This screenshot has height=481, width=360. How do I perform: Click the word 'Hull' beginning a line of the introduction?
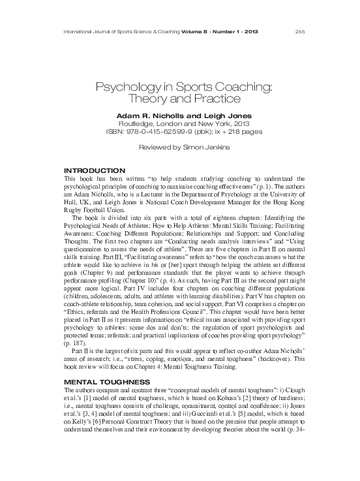67,202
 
